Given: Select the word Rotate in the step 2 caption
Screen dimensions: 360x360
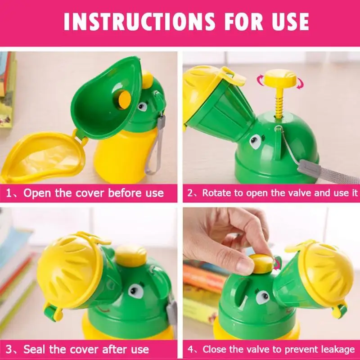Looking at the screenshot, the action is coord(217,193).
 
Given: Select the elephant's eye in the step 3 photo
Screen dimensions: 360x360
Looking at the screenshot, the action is coord(136,290).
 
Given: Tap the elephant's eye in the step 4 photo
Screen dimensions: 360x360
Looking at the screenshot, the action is coord(263,297).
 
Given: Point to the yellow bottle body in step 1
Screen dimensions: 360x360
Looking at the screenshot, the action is coord(121,156).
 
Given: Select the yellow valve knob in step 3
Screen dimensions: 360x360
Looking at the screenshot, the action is coord(131,255).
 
